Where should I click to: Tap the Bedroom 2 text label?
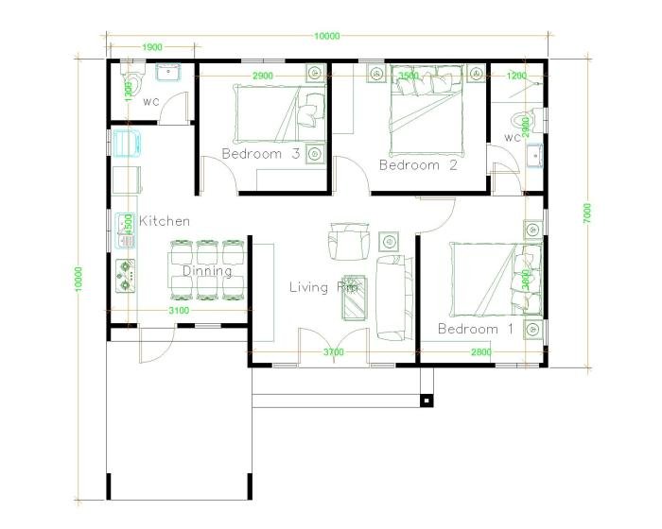click(418, 165)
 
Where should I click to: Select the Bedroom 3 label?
click(261, 153)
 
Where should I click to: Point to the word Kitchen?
click(165, 221)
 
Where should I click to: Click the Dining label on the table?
click(207, 271)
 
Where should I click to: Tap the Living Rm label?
click(322, 287)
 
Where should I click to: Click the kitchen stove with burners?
click(126, 275)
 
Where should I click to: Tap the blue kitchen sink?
click(128, 142)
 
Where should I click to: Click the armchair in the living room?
click(346, 240)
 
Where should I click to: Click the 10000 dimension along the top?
click(326, 36)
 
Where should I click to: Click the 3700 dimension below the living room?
click(333, 352)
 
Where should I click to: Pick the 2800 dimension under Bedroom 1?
click(482, 352)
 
